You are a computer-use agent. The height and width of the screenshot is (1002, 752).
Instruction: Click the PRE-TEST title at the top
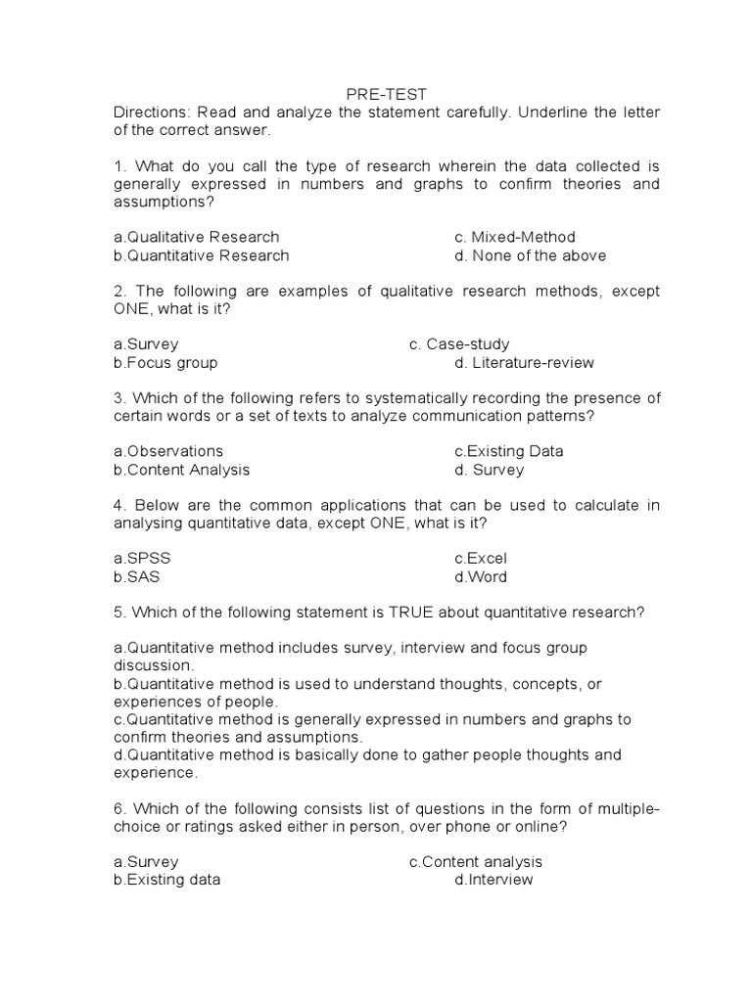387,94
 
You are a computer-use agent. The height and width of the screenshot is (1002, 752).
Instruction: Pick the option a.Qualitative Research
197,237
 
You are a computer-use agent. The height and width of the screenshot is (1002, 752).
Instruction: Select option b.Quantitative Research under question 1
202,255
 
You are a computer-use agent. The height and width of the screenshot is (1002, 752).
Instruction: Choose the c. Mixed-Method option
515,237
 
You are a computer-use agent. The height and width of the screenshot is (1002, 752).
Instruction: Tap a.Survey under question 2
146,344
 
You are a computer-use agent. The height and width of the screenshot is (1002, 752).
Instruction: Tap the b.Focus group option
165,363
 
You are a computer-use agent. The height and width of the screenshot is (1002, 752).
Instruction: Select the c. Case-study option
459,344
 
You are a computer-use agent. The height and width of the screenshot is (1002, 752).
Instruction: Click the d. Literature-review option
524,363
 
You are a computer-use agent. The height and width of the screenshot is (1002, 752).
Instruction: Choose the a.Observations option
168,451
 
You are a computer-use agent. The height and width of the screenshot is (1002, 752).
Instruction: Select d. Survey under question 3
489,470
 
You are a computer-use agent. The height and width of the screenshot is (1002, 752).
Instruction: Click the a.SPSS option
149,558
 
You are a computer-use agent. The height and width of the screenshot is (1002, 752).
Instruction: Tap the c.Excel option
480,558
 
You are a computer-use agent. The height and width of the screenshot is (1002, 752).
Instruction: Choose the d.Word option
481,576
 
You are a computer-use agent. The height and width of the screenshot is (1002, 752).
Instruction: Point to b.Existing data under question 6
167,880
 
